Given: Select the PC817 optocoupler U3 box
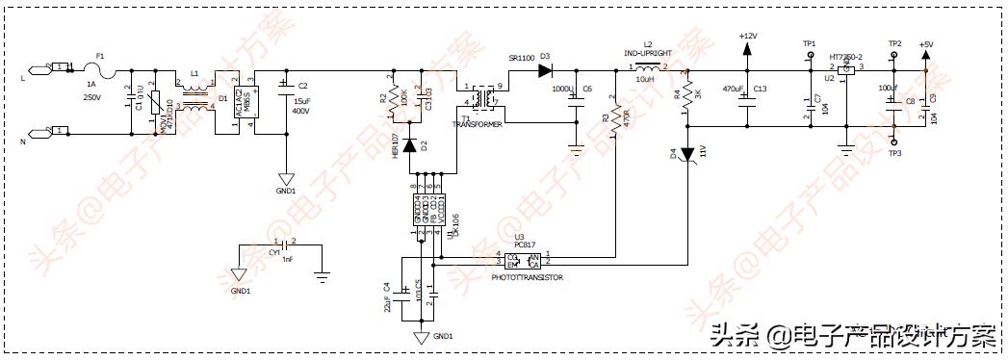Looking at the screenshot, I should [521, 259].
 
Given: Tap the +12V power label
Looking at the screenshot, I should [747, 36].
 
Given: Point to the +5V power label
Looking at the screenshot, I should [925, 44].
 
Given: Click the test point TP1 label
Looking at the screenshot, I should [809, 44].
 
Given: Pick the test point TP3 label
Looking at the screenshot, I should [894, 153].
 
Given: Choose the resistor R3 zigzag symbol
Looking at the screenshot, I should [616, 119].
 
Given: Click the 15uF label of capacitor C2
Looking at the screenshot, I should [301, 101].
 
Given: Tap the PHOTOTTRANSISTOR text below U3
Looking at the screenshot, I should [527, 277].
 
